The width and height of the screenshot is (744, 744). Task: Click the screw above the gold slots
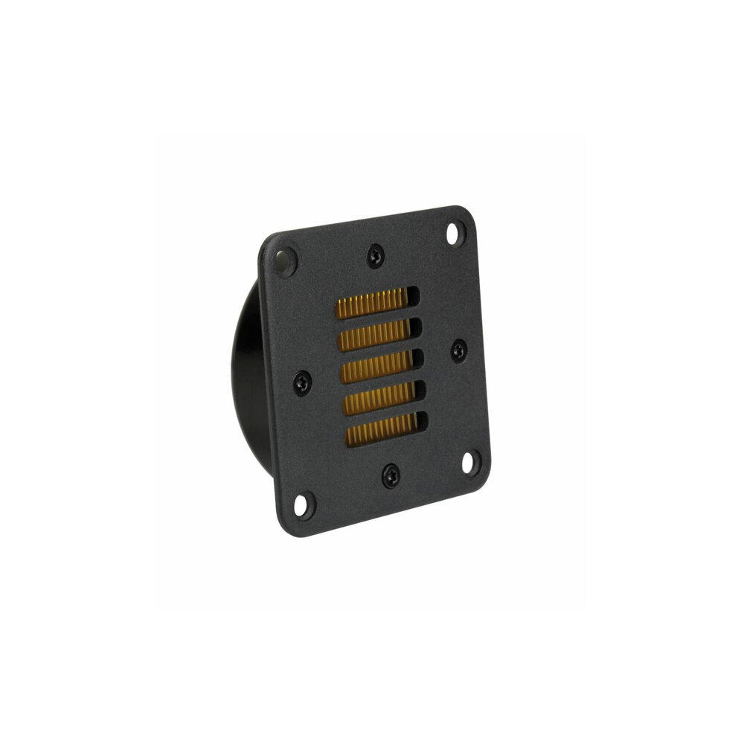pyautogui.click(x=373, y=257)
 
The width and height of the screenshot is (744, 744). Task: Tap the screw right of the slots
pyautogui.click(x=458, y=350)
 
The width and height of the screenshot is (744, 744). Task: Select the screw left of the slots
pyautogui.click(x=301, y=382)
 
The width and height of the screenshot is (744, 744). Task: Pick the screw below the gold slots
pyautogui.click(x=390, y=475)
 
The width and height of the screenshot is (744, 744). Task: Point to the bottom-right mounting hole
pyautogui.click(x=470, y=461)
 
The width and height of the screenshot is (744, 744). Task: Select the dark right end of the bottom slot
pyautogui.click(x=422, y=423)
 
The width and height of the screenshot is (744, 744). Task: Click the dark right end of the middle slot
pyautogui.click(x=418, y=360)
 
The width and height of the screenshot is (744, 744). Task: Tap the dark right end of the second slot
pyautogui.click(x=416, y=328)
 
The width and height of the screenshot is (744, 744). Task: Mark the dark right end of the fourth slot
pyautogui.click(x=420, y=391)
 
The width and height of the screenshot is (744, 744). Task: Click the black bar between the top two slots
pyautogui.click(x=375, y=318)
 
